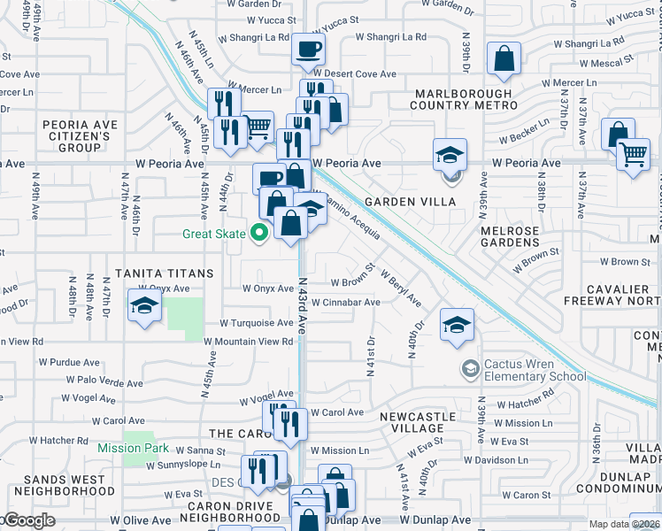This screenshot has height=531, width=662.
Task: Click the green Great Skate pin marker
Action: click(259, 235)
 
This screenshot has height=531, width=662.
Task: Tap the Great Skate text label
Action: click(215, 235)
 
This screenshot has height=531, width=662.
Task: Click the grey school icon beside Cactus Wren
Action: click(470, 367)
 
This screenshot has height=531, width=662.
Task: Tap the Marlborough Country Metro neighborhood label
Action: click(461, 99)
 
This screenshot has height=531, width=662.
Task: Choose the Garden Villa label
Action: click(421, 202)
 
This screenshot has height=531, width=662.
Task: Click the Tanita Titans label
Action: click(164, 273)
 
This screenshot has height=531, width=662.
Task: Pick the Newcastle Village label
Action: click(418, 422)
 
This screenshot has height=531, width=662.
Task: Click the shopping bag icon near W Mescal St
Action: click(504, 59)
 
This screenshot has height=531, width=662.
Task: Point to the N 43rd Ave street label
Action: click(303, 306)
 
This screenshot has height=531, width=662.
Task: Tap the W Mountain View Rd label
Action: click(248, 342)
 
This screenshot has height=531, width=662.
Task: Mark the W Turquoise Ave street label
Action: click(257, 323)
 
